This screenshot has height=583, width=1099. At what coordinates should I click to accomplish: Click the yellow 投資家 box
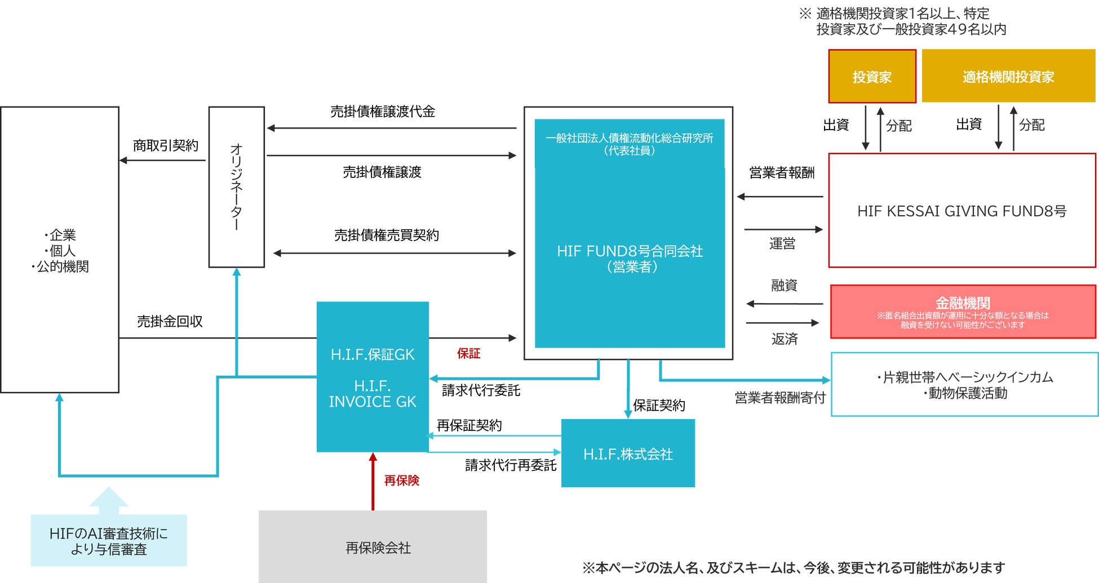[x=872, y=77]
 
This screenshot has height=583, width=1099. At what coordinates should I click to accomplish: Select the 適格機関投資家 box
[x=1008, y=77]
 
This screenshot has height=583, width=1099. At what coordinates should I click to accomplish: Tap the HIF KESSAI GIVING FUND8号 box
[x=961, y=211]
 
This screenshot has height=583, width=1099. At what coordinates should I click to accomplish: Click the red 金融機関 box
[x=963, y=311]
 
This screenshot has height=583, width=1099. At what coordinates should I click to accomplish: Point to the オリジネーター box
[x=237, y=187]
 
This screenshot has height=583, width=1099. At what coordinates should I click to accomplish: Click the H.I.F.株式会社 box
[x=628, y=453]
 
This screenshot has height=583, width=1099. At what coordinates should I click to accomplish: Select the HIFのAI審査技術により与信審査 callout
[x=109, y=540]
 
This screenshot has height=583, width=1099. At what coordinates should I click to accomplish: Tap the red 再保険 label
[x=402, y=480]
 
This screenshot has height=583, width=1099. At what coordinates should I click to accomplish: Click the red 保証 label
[x=468, y=353]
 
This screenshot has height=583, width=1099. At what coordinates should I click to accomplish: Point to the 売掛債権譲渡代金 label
[x=383, y=112]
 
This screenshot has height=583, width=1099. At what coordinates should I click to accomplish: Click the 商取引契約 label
[x=166, y=146]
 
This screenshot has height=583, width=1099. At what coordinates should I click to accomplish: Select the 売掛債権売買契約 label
[x=387, y=235]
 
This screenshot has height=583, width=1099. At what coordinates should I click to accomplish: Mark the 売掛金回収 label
[x=170, y=322]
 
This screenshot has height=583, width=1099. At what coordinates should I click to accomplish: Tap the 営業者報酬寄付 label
[x=780, y=398]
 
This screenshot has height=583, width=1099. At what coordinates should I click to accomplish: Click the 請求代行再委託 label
[x=511, y=465]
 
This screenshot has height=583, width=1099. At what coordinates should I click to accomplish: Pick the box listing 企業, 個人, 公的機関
[x=60, y=250]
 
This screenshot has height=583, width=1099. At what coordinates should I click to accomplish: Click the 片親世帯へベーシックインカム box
[x=964, y=385]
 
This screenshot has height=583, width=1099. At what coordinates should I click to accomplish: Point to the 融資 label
[x=784, y=286]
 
